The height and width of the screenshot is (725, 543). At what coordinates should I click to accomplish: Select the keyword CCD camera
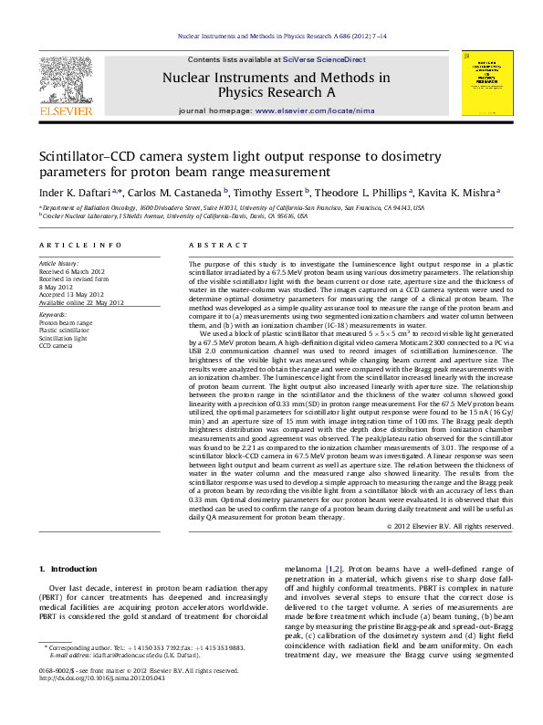57,346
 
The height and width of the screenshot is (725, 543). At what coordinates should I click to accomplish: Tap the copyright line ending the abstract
463,527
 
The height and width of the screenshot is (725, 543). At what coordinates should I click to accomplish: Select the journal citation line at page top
270,36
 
